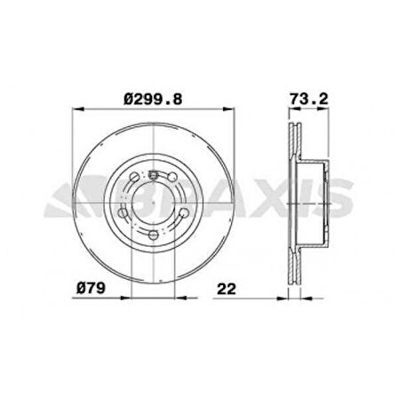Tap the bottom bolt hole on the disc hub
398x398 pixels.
154,235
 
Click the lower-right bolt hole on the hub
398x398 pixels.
183,213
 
